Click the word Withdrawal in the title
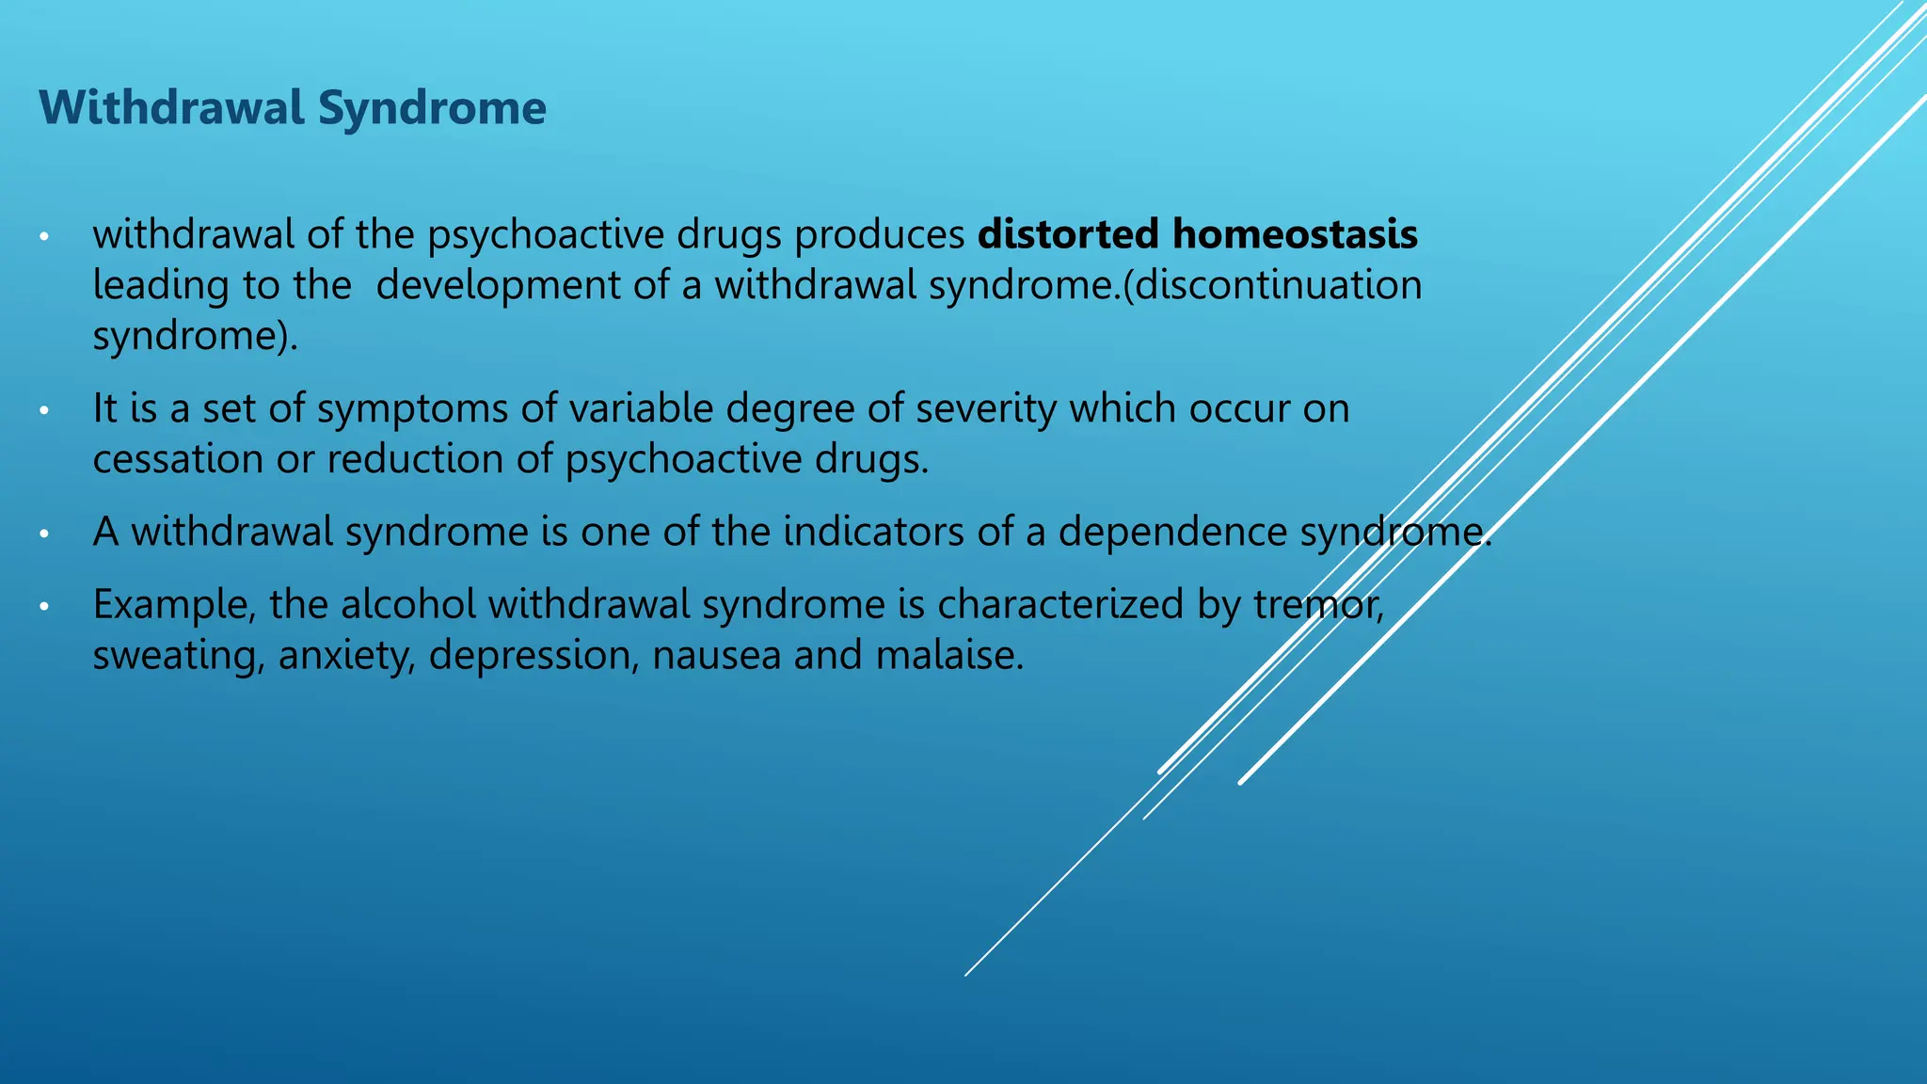(x=172, y=108)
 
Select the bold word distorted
(x=1068, y=234)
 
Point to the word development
(x=497, y=286)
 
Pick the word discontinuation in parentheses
(x=1281, y=285)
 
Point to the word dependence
(x=1171, y=533)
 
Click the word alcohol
(x=408, y=605)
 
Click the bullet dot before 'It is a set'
(x=43, y=410)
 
